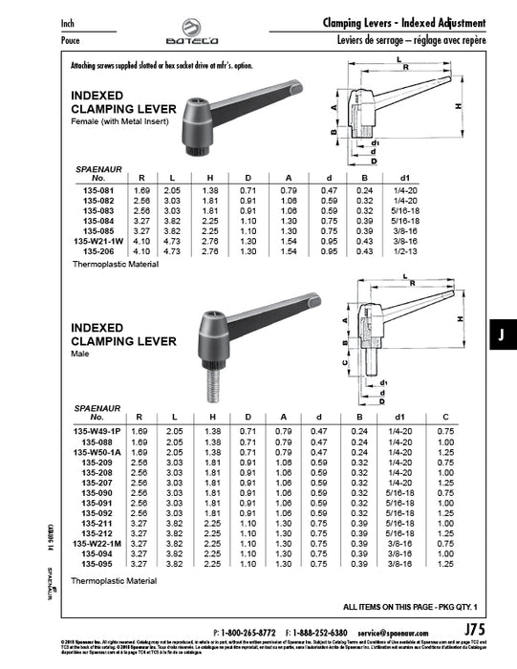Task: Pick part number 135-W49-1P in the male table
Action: pyautogui.click(x=93, y=431)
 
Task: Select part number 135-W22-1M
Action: pyautogui.click(x=93, y=545)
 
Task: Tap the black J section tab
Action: pyautogui.click(x=500, y=334)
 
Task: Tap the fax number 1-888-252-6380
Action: pyautogui.click(x=321, y=633)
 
